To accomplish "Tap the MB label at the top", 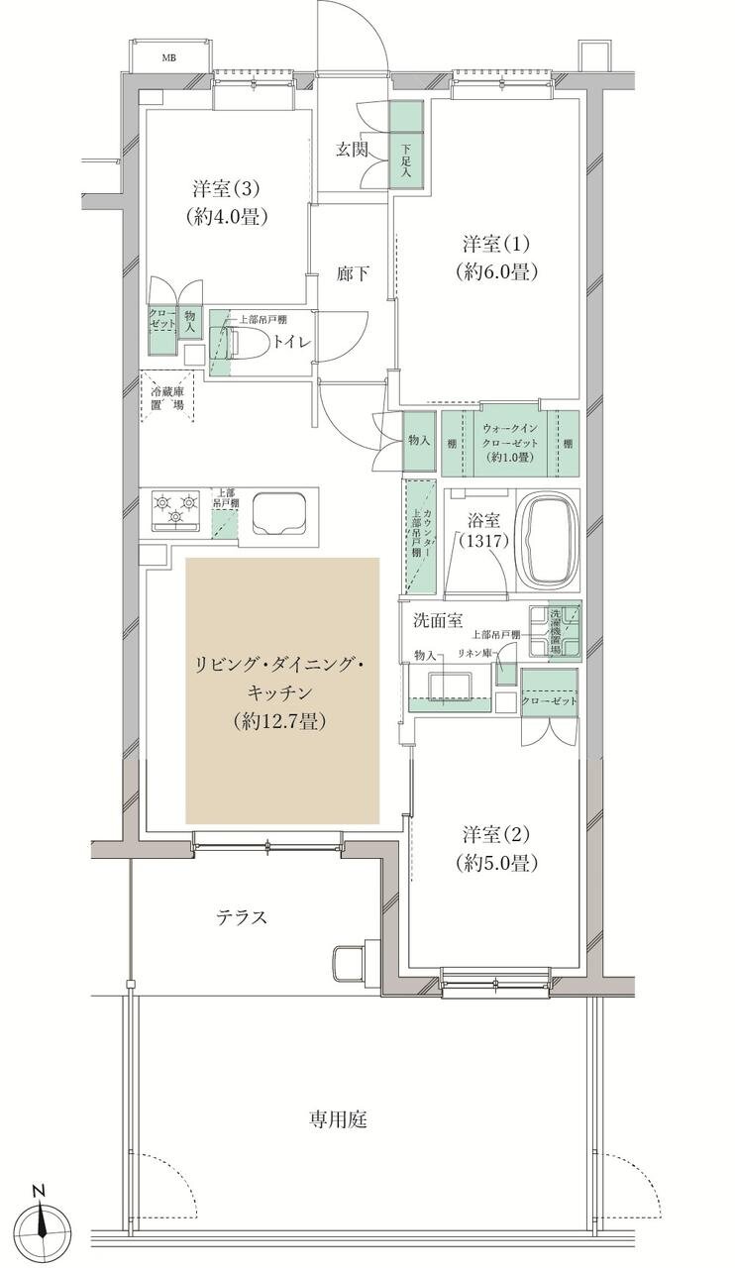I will click(171, 56).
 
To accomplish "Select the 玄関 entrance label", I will click(352, 150).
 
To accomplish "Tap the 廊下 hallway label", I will click(354, 273).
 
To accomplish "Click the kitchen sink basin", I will click(278, 512).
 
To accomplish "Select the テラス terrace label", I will click(242, 917).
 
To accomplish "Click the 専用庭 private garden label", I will click(338, 1120).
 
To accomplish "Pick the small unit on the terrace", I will click(353, 961).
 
